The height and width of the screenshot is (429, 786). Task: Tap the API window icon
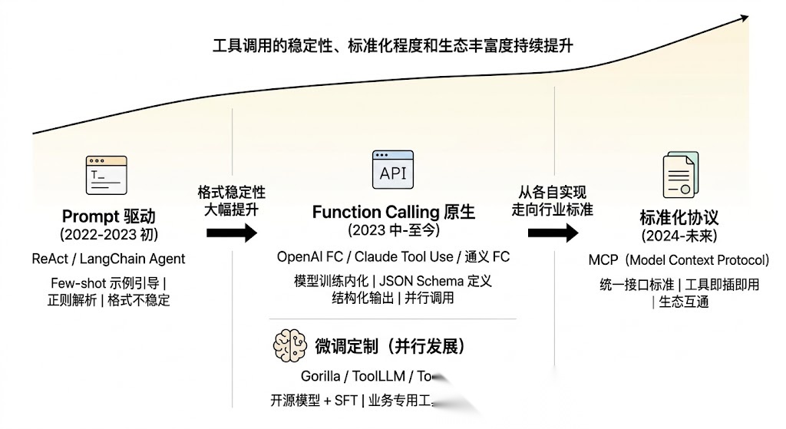click(392, 170)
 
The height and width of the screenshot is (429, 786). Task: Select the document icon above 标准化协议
click(679, 176)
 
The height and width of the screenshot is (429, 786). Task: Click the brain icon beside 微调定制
click(289, 346)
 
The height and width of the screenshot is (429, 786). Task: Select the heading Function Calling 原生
click(393, 212)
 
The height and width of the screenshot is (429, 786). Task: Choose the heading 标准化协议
click(679, 217)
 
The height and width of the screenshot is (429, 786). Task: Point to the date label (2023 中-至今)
click(393, 230)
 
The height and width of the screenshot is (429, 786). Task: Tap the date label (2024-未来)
click(679, 236)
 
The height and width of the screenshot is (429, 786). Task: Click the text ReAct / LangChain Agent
click(108, 259)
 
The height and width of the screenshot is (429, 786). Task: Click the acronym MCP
click(603, 260)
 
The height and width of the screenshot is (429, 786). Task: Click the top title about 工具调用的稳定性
click(393, 45)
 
